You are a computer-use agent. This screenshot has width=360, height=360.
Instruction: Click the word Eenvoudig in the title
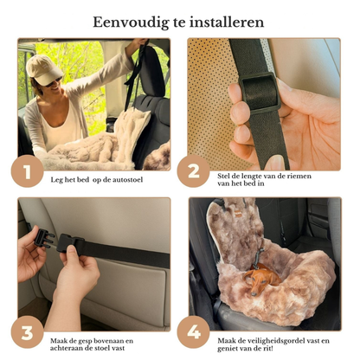click(x=131, y=22)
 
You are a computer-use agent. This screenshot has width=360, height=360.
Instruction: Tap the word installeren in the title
click(x=227, y=22)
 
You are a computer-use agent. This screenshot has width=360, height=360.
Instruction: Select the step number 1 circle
click(x=28, y=171)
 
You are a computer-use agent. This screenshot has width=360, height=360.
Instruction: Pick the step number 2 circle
click(x=193, y=171)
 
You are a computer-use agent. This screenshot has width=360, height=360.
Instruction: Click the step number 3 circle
click(x=28, y=332)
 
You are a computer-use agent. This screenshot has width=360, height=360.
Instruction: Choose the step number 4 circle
click(x=193, y=332)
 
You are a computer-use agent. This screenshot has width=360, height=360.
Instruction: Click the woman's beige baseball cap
click(x=43, y=69)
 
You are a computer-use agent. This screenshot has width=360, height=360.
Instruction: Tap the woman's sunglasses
click(x=54, y=82)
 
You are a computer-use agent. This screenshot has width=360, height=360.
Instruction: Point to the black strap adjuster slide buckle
click(x=260, y=93)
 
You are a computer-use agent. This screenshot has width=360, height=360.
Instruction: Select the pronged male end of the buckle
click(x=44, y=238)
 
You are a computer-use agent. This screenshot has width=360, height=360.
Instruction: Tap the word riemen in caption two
click(x=299, y=176)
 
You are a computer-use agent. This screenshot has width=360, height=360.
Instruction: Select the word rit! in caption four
click(x=267, y=349)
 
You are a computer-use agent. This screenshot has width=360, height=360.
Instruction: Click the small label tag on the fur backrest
click(x=238, y=215)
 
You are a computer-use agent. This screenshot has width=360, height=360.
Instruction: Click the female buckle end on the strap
click(x=70, y=243)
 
